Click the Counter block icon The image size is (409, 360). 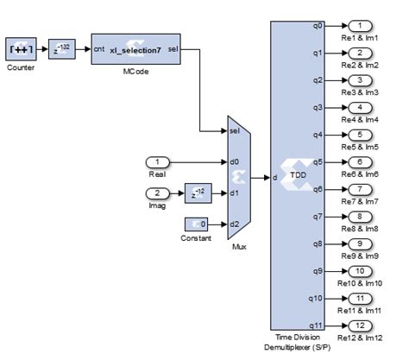[19, 50]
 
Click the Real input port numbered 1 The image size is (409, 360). [159, 161]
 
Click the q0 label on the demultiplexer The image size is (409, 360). [294, 25]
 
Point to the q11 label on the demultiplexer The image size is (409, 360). [293, 325]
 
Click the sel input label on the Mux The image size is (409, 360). [234, 131]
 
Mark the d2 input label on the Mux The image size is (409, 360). [234, 224]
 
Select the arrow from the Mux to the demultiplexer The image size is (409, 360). [261, 178]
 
